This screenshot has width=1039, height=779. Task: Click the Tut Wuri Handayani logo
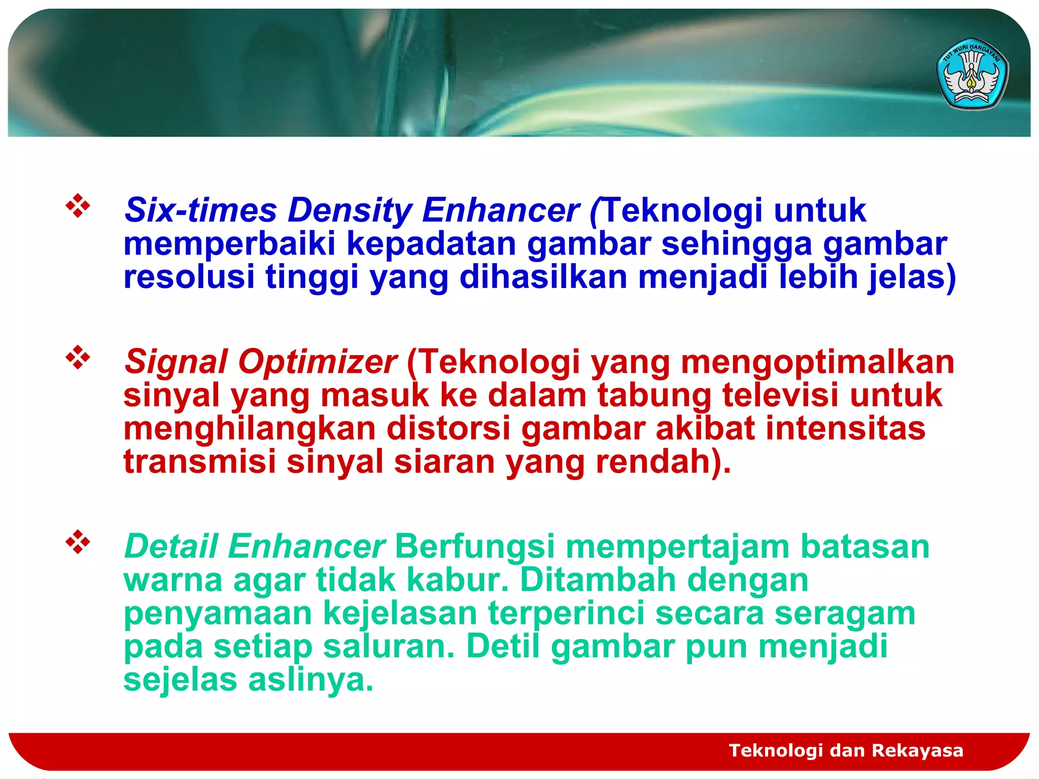point(972,74)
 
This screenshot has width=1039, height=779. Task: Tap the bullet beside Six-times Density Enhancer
point(78,206)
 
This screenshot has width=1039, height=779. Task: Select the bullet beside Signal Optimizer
point(78,358)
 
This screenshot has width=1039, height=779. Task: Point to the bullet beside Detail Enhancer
point(78,542)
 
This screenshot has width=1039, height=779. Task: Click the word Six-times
point(201,210)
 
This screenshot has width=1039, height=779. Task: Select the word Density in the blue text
point(350,210)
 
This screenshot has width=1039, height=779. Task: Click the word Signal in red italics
point(176,362)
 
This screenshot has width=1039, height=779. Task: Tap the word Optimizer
point(317,362)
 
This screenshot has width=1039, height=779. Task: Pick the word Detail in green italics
point(171,547)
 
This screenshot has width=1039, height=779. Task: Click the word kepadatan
point(431,244)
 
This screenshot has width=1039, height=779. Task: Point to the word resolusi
point(189,277)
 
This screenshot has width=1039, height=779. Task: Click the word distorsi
point(448,429)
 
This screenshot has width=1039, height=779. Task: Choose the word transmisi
point(199,462)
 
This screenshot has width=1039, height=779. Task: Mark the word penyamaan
point(218,614)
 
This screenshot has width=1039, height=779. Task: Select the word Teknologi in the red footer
point(776,750)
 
